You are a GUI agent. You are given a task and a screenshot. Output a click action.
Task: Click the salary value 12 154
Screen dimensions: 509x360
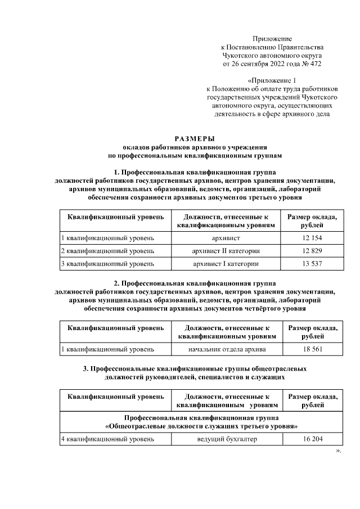pyautogui.click(x=312, y=238)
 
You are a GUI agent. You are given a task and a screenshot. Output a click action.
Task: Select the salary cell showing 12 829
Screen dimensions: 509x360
pyautogui.click(x=312, y=250)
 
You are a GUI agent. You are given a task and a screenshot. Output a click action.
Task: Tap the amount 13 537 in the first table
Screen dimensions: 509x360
pyautogui.click(x=312, y=263)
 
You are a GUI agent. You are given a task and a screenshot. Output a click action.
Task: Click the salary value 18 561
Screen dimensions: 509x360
pyautogui.click(x=312, y=349)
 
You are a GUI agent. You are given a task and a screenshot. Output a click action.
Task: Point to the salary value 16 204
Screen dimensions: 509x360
pyautogui.click(x=312, y=439)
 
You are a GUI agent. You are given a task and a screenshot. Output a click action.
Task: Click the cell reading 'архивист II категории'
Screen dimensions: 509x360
pyautogui.click(x=226, y=250)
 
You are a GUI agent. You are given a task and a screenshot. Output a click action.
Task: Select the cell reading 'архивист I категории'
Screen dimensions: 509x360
pyautogui.click(x=226, y=263)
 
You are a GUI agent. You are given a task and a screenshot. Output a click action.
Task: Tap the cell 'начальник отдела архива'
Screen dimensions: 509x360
pyautogui.click(x=226, y=349)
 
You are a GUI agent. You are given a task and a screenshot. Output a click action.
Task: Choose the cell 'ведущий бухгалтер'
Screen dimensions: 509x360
pyautogui.click(x=227, y=439)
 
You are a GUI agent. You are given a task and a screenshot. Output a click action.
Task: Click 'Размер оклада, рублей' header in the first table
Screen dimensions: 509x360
pyautogui.click(x=312, y=221)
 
